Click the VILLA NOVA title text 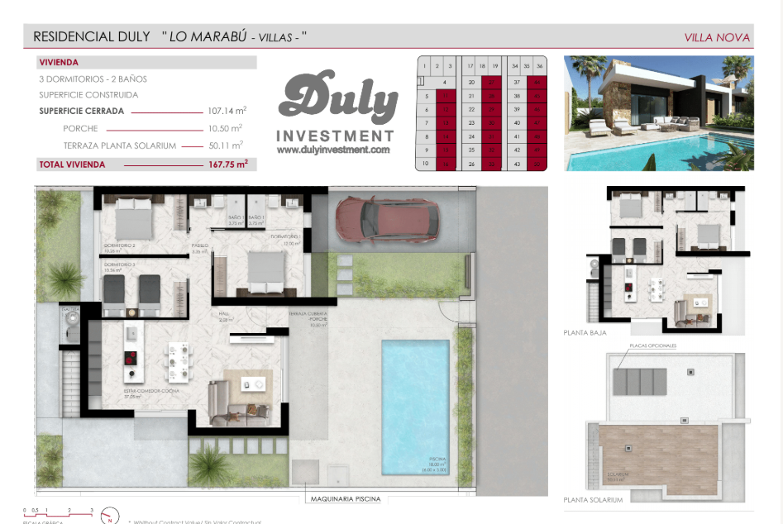point(717,37)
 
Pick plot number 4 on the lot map point(445,82)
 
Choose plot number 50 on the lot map point(538,164)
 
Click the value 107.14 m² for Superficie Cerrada point(228,111)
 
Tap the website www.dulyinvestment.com point(333,150)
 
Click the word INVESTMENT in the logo point(334,136)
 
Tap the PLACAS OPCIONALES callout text point(652,345)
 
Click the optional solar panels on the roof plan point(640,381)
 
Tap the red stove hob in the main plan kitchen point(130,359)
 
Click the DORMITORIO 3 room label point(120,264)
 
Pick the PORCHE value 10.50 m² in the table point(226,128)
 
